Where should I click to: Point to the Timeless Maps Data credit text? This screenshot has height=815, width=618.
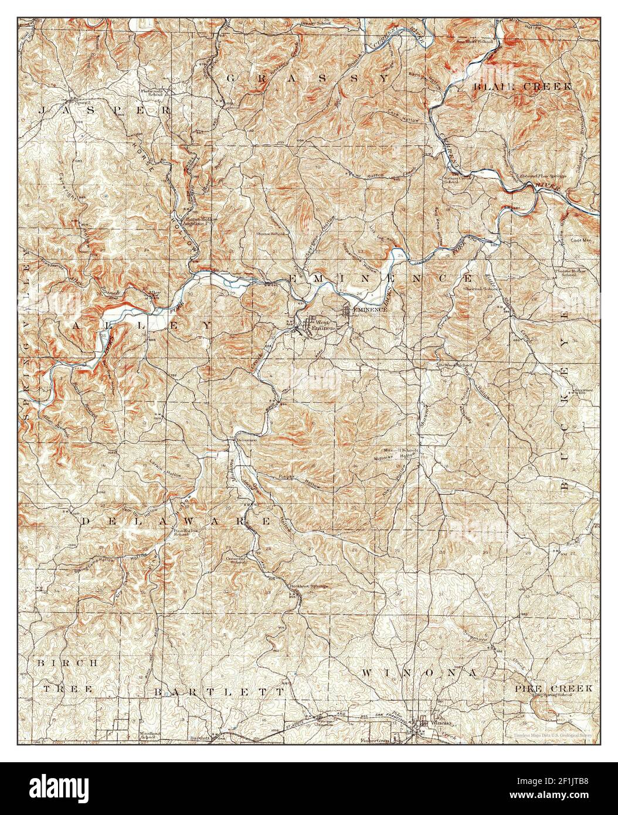[x=552, y=735]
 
